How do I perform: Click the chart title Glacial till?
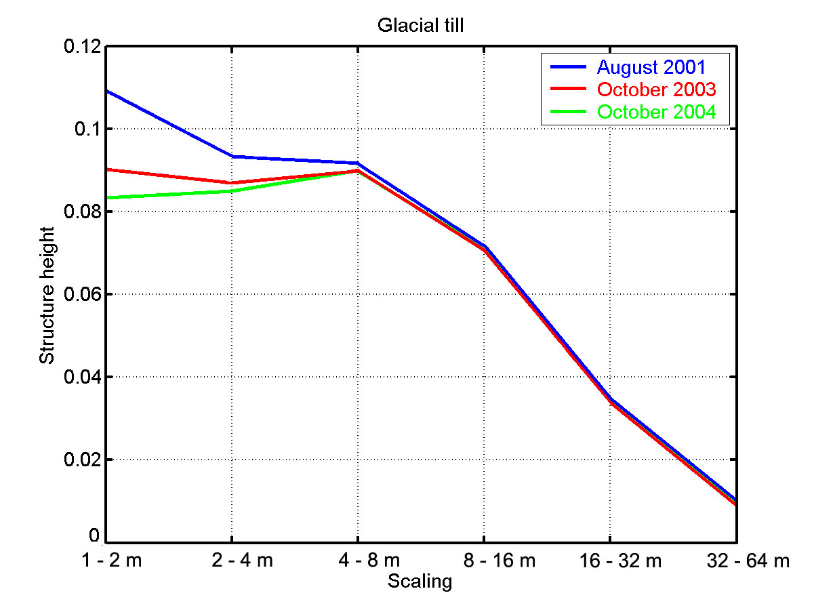(x=420, y=26)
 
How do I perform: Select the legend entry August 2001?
(x=651, y=68)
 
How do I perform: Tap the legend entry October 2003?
(x=656, y=89)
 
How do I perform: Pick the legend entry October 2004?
(x=656, y=112)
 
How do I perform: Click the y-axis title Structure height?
(x=47, y=294)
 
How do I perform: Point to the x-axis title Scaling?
(x=420, y=582)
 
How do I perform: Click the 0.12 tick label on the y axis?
(x=83, y=47)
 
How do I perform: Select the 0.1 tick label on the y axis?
(x=88, y=129)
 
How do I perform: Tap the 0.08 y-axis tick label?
(x=83, y=211)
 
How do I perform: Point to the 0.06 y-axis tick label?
(x=83, y=294)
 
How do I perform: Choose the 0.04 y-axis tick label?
(x=83, y=377)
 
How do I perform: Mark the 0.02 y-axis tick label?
(x=83, y=460)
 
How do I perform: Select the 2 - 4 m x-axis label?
(x=232, y=561)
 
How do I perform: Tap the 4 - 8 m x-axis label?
(x=359, y=561)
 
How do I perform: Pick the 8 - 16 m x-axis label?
(x=485, y=561)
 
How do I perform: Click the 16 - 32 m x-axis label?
(x=611, y=561)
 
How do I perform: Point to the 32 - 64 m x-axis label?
(x=737, y=561)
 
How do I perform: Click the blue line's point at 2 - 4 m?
(x=232, y=157)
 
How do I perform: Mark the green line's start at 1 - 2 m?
(x=108, y=198)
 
